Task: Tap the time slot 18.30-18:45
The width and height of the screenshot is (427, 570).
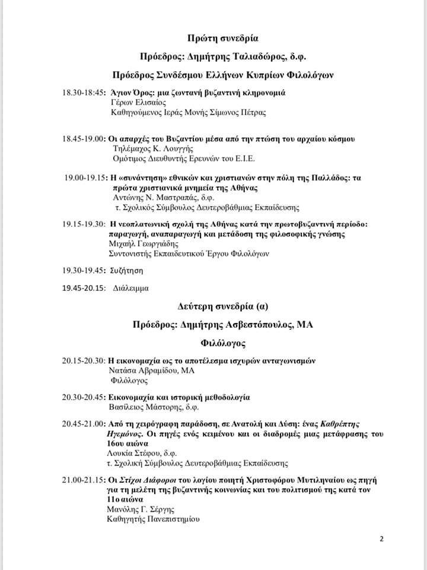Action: click(x=83, y=93)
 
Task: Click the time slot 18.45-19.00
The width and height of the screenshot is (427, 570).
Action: click(x=83, y=139)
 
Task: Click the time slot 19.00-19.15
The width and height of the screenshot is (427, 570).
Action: click(x=85, y=178)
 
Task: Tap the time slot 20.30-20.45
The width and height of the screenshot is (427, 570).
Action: click(x=83, y=396)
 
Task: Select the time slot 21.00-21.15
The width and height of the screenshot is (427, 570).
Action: click(x=83, y=479)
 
